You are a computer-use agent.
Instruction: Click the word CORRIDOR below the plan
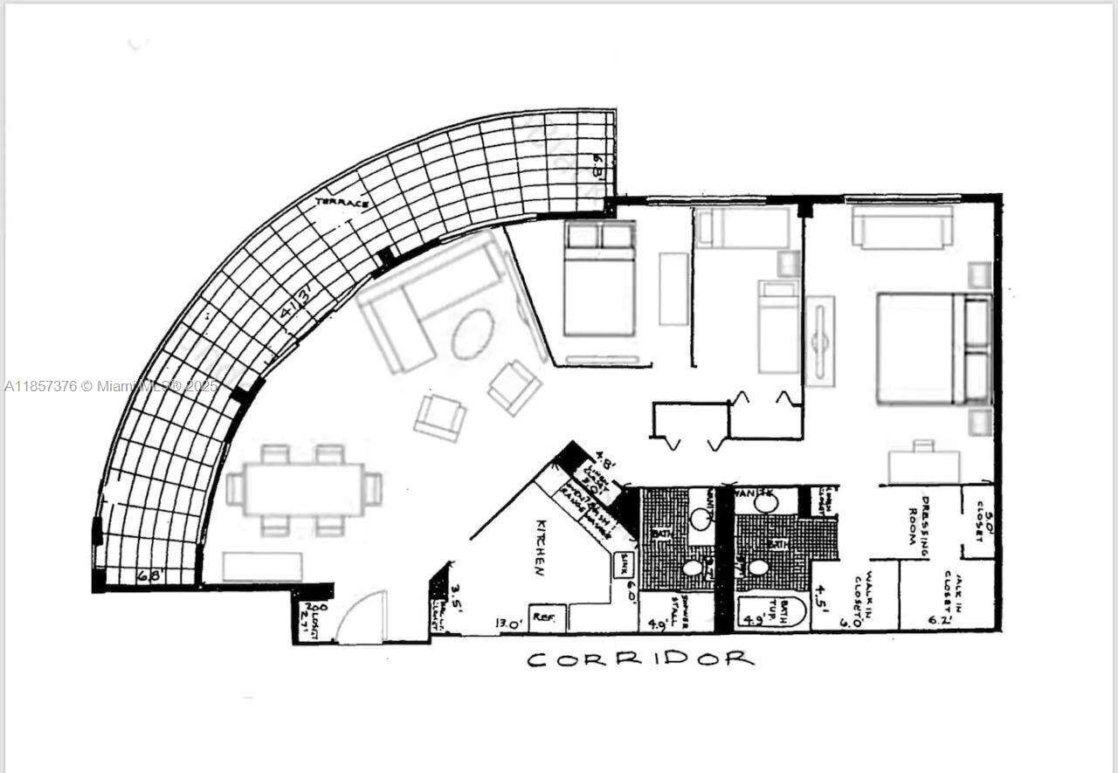[640, 659]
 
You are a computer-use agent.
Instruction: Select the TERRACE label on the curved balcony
[342, 203]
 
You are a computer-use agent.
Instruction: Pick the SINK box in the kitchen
[625, 560]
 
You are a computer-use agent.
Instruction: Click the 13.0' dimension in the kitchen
[509, 623]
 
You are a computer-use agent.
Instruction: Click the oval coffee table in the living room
[473, 333]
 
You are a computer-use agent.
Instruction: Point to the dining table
[302, 490]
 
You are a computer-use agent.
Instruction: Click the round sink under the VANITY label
[764, 503]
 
